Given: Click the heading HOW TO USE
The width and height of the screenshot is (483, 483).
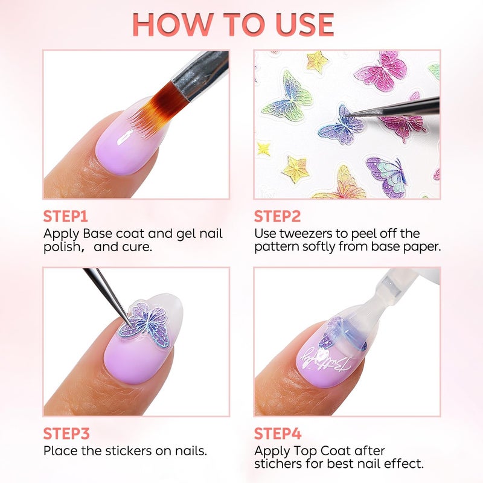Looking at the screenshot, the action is coord(233,25).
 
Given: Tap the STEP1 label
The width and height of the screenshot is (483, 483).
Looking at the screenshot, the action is coord(65,216).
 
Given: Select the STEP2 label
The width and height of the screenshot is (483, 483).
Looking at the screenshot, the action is coord(277,216).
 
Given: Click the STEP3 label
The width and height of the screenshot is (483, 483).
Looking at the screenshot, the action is coord(66,433).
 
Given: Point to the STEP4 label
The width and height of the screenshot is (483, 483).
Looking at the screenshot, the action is coord(278,433).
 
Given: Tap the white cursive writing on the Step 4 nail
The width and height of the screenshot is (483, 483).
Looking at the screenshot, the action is coord(325,359).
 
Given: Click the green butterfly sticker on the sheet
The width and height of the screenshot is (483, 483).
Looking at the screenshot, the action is coord(288,97).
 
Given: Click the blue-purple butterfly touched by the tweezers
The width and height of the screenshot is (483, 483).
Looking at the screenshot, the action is coord(341,126).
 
